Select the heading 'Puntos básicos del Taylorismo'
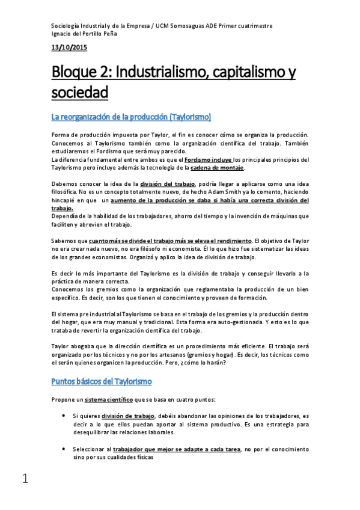(101, 381)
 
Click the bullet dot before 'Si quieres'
(64, 416)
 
